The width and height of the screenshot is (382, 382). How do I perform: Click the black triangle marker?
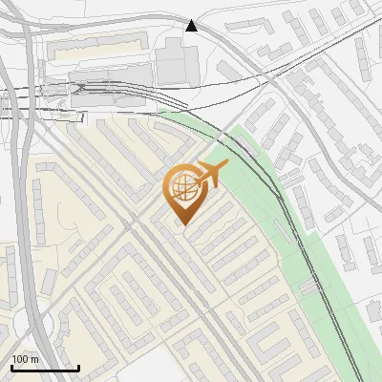tap(192, 25)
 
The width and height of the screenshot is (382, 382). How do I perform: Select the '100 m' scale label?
tap(26, 359)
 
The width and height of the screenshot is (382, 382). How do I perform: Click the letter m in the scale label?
tap(36, 359)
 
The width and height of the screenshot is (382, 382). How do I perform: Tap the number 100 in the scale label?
tap(21, 359)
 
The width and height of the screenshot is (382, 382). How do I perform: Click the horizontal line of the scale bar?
tap(45, 368)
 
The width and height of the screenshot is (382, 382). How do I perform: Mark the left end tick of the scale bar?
tap(11, 365)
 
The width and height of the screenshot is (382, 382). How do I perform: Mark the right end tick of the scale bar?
tap(78, 365)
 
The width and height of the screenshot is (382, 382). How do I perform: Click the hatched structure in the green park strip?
tap(307, 286)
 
